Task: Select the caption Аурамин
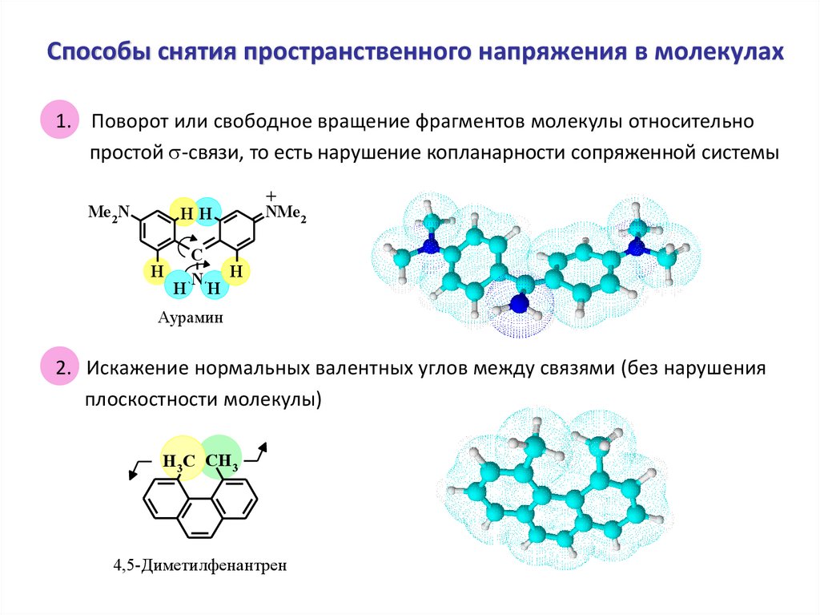190,318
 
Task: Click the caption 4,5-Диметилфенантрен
199,565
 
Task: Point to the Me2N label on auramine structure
109,212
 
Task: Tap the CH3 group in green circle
222,461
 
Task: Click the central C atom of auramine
195,254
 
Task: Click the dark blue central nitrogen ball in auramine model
519,304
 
